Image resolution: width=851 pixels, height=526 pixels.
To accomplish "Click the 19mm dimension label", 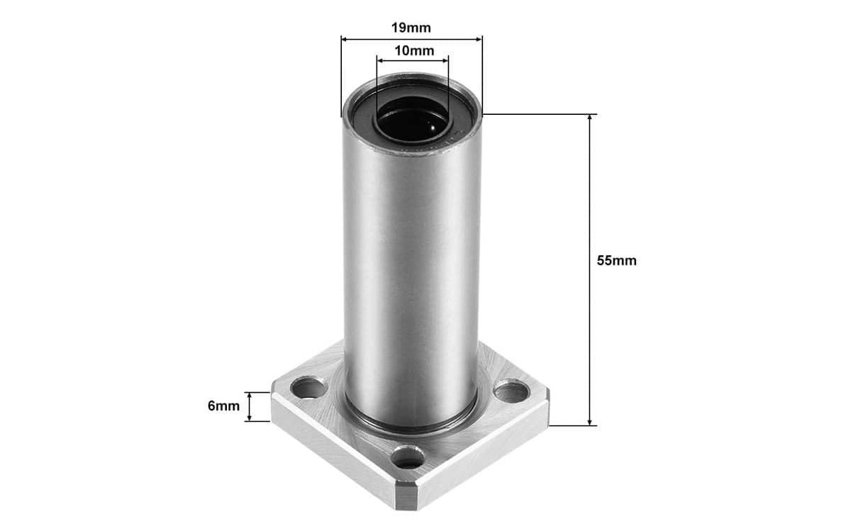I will pos(411,28).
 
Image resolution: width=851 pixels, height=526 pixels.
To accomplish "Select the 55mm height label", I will pos(616,260).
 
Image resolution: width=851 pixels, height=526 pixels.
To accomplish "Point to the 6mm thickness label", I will pos(223,406).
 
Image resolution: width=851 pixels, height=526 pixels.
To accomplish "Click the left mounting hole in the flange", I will pos(308,388).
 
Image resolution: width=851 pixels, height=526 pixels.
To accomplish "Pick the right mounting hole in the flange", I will pos(511,391).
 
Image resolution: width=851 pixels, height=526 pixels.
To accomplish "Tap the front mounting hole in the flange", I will pos(408,457).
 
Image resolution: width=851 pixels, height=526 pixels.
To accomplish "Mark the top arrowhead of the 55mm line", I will pos(589,118).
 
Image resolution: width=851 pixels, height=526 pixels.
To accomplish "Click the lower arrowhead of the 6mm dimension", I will pos(249,418).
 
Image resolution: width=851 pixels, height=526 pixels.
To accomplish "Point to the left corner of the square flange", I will pos(274,404).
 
